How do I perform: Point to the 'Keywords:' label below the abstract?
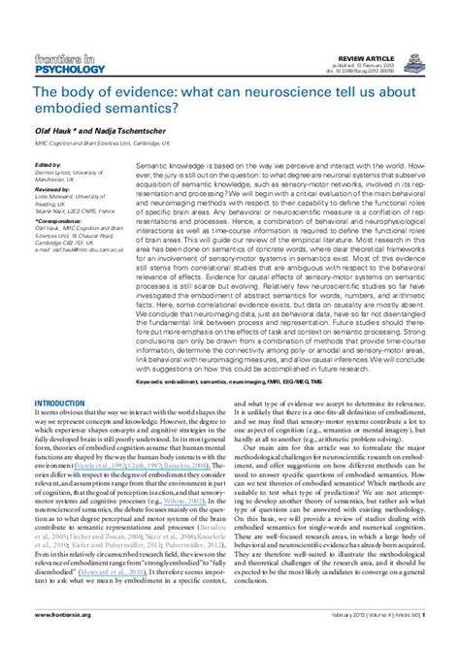point(154,354)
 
